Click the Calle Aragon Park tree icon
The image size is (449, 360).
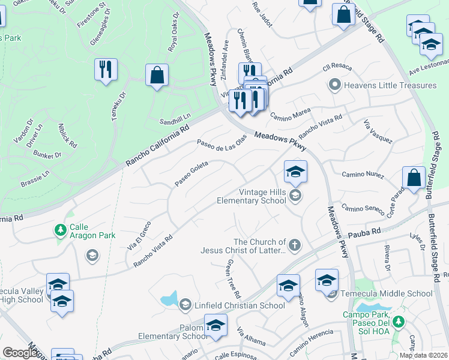(60, 230)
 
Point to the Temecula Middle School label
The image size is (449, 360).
(387, 293)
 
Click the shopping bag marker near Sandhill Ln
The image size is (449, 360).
(157, 76)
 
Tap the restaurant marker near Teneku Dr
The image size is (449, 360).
(106, 69)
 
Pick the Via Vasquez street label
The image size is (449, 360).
(378, 132)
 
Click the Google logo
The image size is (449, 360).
(20, 353)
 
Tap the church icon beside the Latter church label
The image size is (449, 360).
(294, 244)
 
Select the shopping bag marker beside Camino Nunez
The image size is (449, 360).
(414, 178)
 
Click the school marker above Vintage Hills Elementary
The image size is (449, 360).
(295, 172)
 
